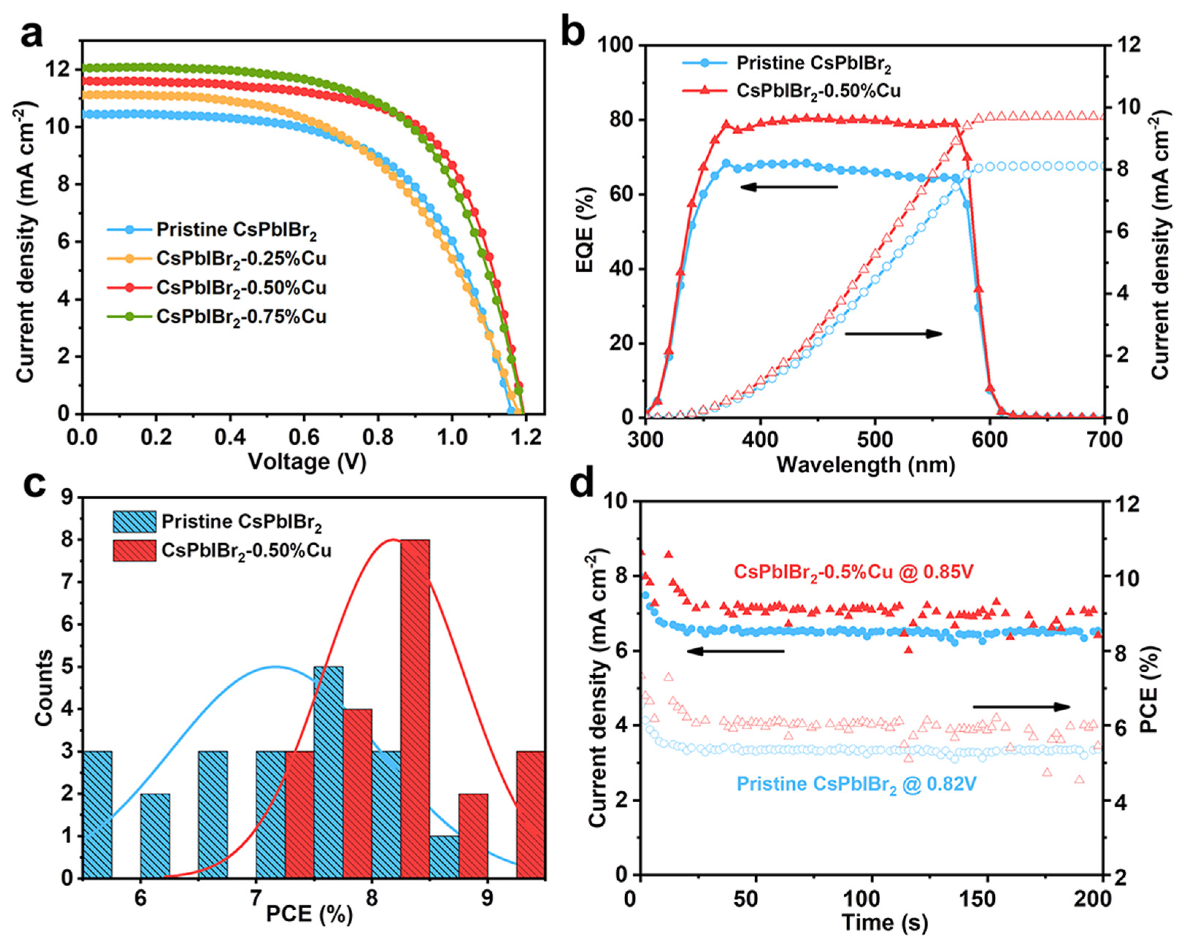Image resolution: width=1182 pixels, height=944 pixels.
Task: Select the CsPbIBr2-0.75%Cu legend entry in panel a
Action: coord(241,317)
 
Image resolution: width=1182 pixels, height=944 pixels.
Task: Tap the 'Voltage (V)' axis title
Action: coord(307,461)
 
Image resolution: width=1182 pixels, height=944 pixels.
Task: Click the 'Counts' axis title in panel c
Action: coord(45,688)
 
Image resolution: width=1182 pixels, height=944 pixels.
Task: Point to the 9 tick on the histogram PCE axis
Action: coord(487,899)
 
